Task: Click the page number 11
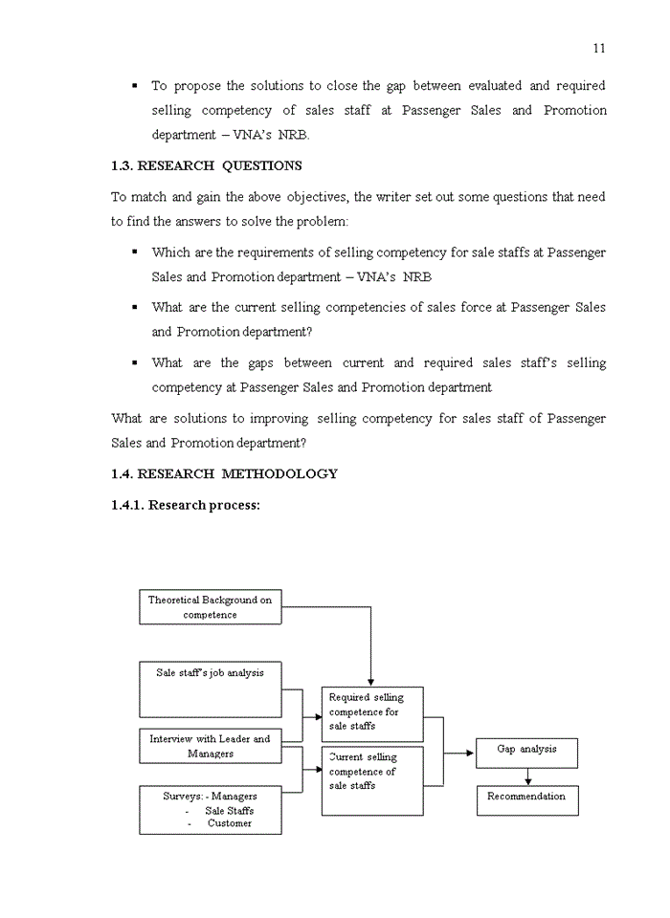[599, 49]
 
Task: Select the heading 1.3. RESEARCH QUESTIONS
[206, 165]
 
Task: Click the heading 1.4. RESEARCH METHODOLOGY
[224, 473]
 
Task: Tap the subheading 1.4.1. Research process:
[185, 505]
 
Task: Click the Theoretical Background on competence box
[211, 607]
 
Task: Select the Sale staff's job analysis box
[211, 688]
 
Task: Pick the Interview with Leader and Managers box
[211, 746]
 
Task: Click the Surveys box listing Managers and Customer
[211, 810]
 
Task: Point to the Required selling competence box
[372, 712]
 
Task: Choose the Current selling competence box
[372, 780]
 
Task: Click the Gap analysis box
[526, 752]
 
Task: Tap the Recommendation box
[526, 799]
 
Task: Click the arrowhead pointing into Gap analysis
[470, 753]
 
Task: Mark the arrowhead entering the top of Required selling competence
[370, 681]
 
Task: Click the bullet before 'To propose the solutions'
[135, 86]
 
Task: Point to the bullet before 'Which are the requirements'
[135, 252]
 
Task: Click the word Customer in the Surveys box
[230, 823]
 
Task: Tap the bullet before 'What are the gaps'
[135, 363]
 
